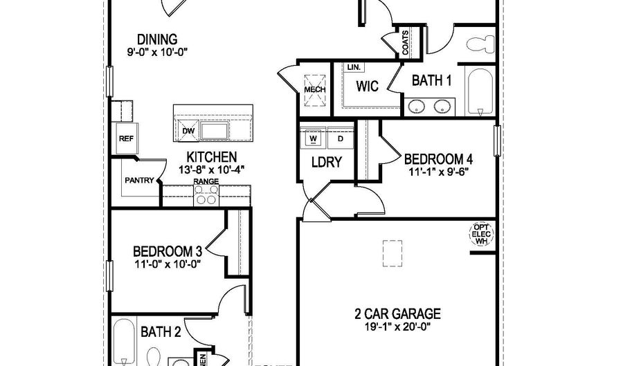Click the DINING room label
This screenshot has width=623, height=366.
(157, 39)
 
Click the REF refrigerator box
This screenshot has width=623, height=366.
(125, 138)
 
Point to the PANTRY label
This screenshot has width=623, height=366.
(138, 181)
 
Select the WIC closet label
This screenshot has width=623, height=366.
(366, 87)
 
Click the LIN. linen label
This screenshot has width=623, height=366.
(354, 68)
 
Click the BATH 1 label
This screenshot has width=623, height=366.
(431, 81)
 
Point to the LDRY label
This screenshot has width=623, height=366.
(327, 163)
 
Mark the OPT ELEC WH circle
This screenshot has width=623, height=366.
(481, 234)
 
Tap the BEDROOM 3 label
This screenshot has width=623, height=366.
(168, 250)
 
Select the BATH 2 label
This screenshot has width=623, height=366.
(161, 332)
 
